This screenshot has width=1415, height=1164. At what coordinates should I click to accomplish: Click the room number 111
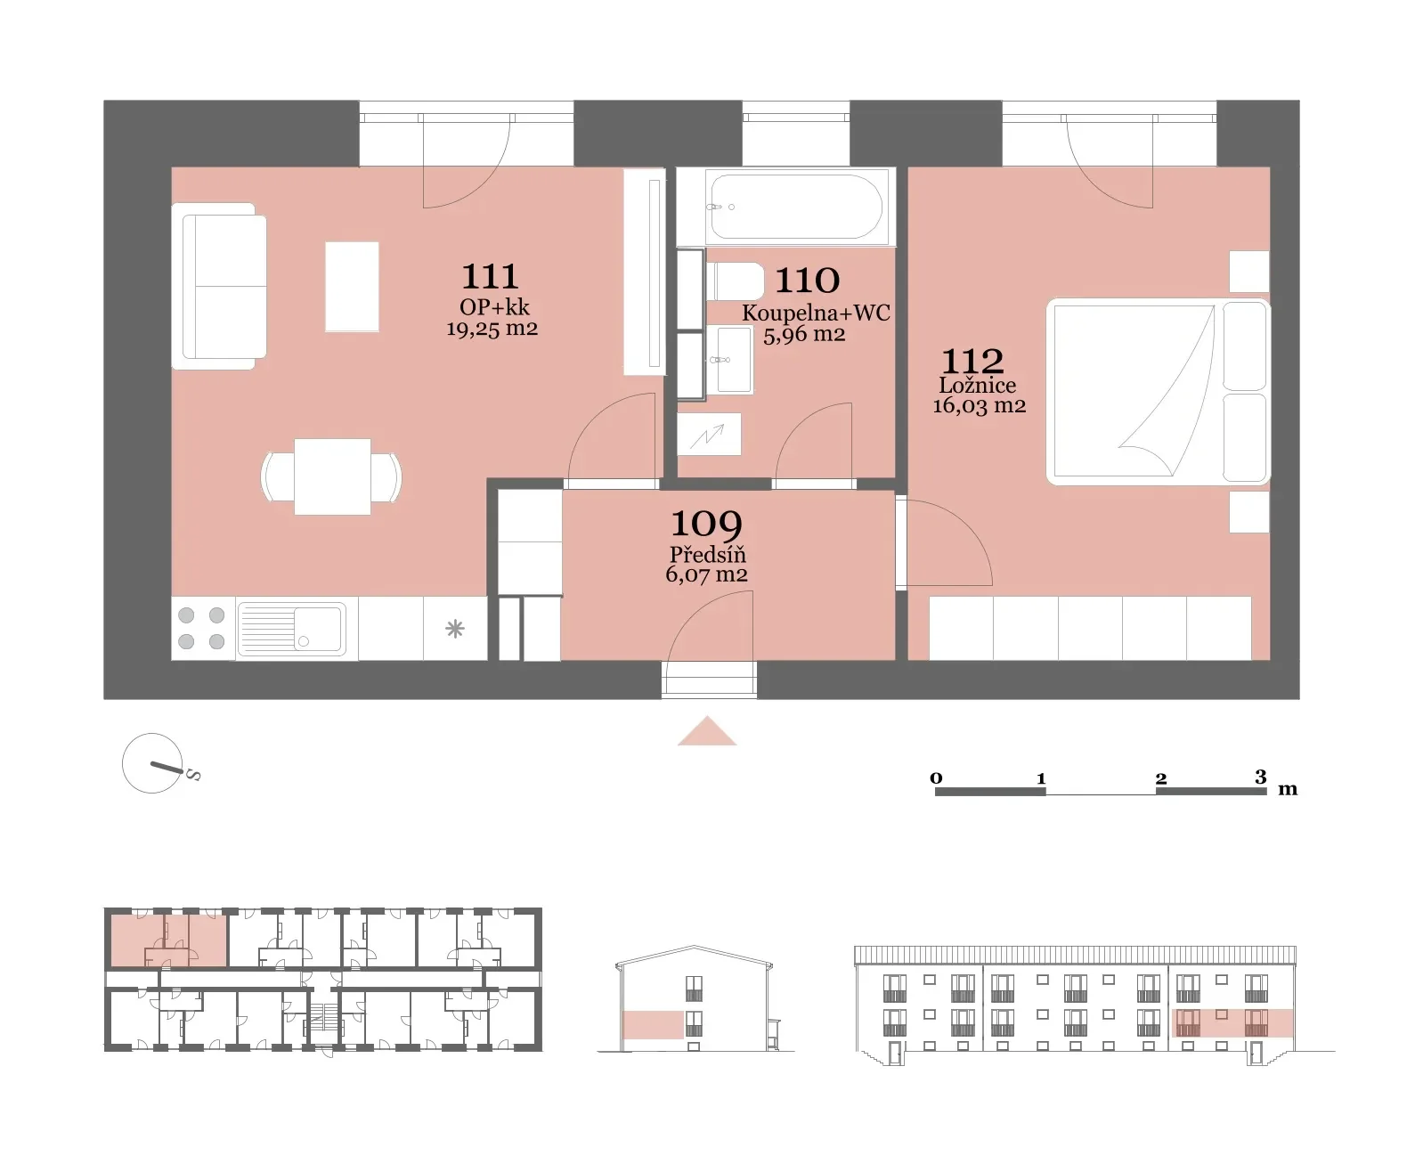490,276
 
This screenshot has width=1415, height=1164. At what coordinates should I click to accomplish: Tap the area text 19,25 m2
492,329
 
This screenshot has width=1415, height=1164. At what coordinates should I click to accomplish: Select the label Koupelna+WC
816,313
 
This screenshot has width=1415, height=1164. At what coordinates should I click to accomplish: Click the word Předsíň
707,554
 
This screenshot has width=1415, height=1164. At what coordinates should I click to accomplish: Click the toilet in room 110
736,281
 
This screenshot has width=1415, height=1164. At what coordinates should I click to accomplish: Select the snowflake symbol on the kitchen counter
455,629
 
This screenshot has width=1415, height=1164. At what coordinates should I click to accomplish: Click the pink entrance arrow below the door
707,732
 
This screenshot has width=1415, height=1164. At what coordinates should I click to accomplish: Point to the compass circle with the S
152,763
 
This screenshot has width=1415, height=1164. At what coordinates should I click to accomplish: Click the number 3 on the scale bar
1261,777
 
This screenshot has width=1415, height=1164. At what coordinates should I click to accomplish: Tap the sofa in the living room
219,287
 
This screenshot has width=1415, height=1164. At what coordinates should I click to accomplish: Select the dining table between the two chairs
332,477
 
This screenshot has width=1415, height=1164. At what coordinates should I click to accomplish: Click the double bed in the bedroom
1158,391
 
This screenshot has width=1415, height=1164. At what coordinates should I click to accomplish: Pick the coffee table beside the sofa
352,287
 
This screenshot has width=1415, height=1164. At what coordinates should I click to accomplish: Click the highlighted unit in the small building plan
167,940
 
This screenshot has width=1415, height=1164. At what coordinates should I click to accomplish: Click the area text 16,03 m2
979,405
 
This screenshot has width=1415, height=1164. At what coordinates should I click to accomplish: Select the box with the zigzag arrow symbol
709,435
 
